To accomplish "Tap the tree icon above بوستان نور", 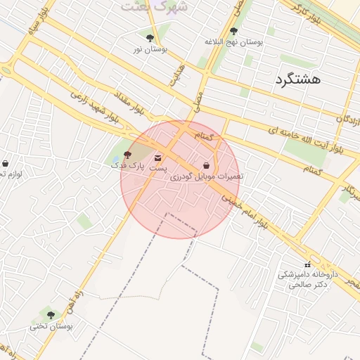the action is pos(150,38).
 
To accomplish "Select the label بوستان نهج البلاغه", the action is pos(233,42).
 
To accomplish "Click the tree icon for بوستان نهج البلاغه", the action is pos(233,31).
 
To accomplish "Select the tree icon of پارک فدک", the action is pos(127,155).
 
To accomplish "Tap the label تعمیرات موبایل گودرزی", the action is pos(206,176).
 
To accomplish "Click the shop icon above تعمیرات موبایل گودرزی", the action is pos(206,165).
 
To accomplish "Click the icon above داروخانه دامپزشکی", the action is pos(307,264).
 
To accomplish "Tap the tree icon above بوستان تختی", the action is pos(51,314).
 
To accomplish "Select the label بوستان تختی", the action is pos(51,326).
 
